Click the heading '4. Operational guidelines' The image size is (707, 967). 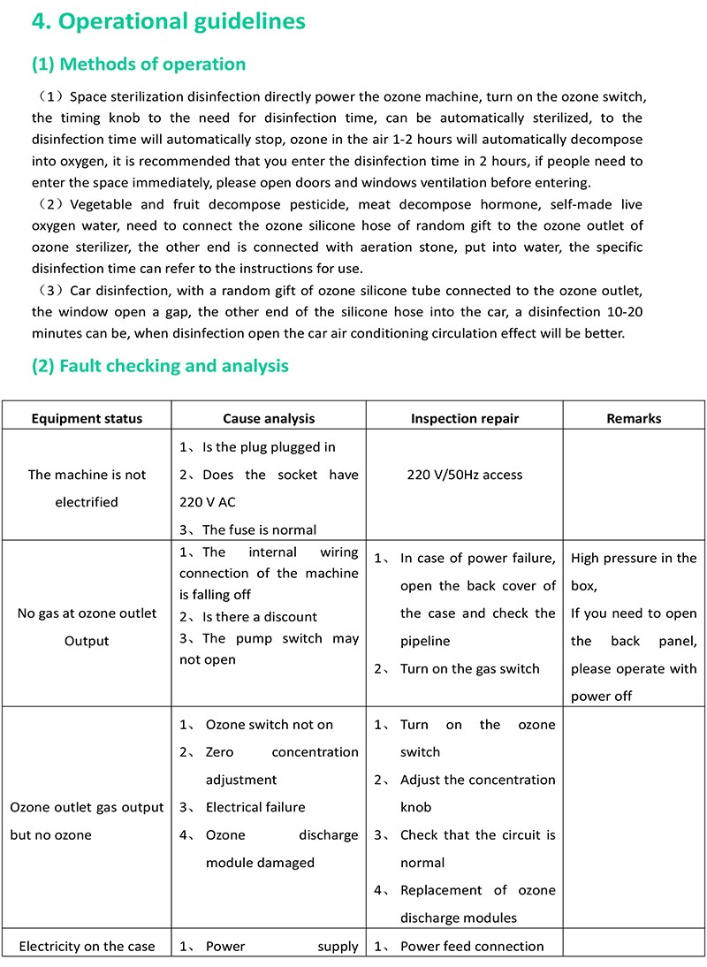tap(168, 21)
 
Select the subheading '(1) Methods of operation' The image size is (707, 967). tap(139, 64)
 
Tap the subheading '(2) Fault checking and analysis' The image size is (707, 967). tap(160, 365)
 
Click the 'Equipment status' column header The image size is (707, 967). tap(87, 418)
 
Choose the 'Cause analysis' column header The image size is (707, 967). tap(269, 418)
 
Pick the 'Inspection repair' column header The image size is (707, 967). tap(465, 418)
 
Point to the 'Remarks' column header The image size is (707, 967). tap(634, 418)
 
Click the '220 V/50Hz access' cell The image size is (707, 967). tap(465, 475)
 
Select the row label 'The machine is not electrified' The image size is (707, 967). tap(87, 488)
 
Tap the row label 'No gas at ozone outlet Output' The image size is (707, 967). tap(87, 627)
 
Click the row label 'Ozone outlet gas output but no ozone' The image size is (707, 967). tap(87, 820)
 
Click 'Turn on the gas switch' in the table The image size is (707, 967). tap(469, 668)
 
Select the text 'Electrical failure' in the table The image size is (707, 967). tap(255, 807)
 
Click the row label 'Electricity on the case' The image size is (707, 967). tap(87, 946)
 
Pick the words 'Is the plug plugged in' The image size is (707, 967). tap(269, 447)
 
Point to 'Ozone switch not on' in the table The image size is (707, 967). tap(269, 725)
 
